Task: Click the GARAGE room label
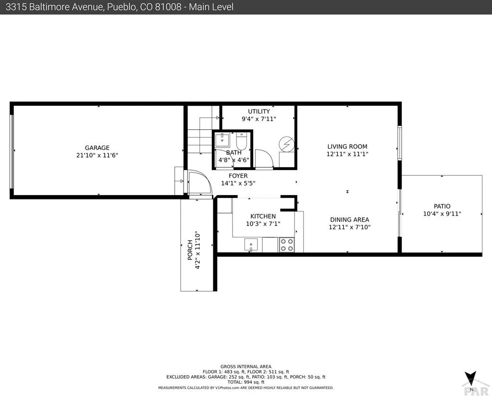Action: [x=97, y=148]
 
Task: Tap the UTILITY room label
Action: [x=259, y=112]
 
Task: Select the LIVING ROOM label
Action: [x=347, y=147]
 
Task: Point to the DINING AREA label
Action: [x=350, y=220]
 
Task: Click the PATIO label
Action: [x=442, y=206]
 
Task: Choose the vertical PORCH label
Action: [x=190, y=250]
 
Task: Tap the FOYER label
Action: [x=238, y=176]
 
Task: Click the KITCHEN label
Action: [x=263, y=216]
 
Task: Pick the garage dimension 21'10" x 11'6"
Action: [x=97, y=155]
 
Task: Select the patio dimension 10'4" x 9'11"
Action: [x=442, y=214]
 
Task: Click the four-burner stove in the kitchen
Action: [x=287, y=245]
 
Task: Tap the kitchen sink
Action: [x=251, y=245]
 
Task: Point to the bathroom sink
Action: [x=222, y=140]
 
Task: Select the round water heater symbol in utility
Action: [x=286, y=144]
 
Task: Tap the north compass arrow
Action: [x=471, y=378]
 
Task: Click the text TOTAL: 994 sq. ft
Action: [x=246, y=382]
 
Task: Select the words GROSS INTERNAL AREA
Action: [x=246, y=367]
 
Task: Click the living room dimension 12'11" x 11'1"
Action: [x=347, y=154]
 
